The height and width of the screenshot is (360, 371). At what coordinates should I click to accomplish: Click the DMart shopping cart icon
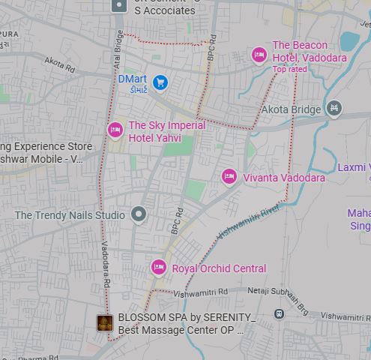pyautogui.click(x=160, y=82)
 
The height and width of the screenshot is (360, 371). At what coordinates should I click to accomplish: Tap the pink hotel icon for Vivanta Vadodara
pyautogui.click(x=229, y=177)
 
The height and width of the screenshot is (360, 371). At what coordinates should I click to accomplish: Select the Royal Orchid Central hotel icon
pyautogui.click(x=158, y=267)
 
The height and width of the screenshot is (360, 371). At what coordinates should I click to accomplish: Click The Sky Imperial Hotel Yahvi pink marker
pyautogui.click(x=115, y=130)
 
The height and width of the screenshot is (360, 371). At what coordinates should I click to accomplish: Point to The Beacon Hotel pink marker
pyautogui.click(x=259, y=55)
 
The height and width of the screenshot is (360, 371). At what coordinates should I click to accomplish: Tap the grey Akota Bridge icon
pyautogui.click(x=334, y=109)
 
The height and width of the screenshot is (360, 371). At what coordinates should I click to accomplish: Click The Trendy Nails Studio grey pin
pyautogui.click(x=138, y=214)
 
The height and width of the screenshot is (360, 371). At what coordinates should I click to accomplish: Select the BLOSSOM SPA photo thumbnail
pyautogui.click(x=105, y=323)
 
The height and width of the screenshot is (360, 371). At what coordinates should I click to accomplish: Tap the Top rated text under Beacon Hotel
pyautogui.click(x=289, y=70)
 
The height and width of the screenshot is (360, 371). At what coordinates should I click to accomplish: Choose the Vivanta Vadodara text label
pyautogui.click(x=284, y=178)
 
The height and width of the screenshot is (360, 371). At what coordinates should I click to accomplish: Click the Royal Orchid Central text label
pyautogui.click(x=219, y=268)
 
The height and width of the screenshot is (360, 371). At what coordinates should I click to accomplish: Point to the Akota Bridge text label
pyautogui.click(x=290, y=109)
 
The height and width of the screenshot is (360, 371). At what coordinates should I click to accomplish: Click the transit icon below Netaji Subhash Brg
pyautogui.click(x=279, y=313)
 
